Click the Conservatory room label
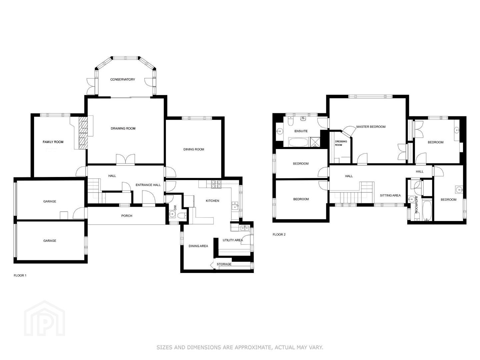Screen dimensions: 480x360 pos(122,80)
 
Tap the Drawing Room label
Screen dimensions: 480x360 pos(123,129)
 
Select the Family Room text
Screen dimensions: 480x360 pos(53,142)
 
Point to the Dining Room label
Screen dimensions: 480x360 pos(194,150)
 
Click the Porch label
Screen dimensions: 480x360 pos(127,216)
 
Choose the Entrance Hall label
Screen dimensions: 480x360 pos(148,185)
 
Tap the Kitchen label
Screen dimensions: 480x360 pos(212,201)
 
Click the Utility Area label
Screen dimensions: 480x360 pos(233,240)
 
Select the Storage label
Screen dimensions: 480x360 pos(224,264)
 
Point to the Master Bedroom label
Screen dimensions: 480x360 pos(371,127)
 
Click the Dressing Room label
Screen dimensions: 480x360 pos(341,143)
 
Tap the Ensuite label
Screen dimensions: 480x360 pos(301,131)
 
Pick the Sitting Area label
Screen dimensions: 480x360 pos(390,195)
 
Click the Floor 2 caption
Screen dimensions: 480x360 pos(279,235)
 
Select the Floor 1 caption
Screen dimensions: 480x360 pos(20,275)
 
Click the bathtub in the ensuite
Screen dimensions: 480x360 pos(298,142)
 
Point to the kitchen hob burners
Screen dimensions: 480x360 pos(216,184)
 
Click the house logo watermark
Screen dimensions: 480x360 pos(44,318)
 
